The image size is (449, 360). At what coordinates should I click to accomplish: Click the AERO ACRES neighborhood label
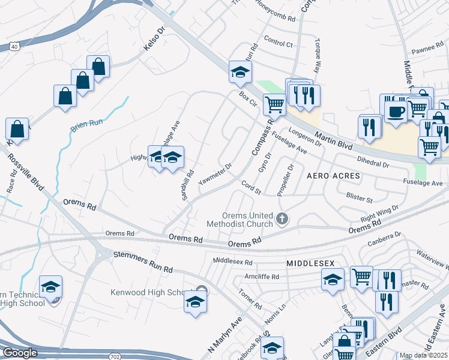coord(333,176)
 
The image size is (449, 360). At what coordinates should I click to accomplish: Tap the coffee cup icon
coord(396,111)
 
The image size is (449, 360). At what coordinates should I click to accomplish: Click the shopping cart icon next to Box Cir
coord(274,104)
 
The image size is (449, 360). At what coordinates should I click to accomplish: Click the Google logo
coord(20,353)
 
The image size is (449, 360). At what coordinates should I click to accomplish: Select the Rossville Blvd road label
coord(28,174)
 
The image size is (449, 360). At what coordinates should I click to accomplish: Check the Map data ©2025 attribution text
coord(423,355)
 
